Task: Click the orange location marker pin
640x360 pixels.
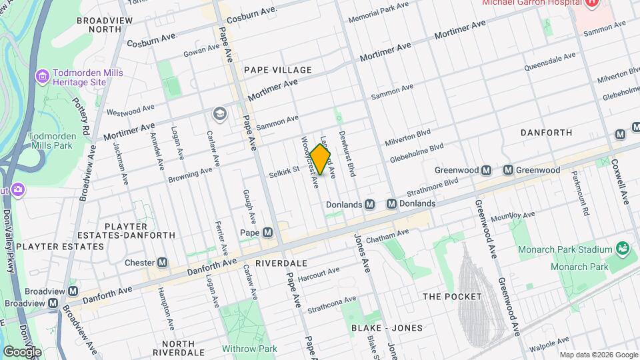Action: click(x=320, y=161)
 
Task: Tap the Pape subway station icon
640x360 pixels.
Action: click(x=268, y=233)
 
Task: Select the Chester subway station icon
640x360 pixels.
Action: click(x=162, y=263)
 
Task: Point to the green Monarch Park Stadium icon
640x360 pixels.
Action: click(x=623, y=249)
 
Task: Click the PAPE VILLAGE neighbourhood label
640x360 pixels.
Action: click(x=277, y=70)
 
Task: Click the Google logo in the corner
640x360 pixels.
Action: click(x=21, y=351)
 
